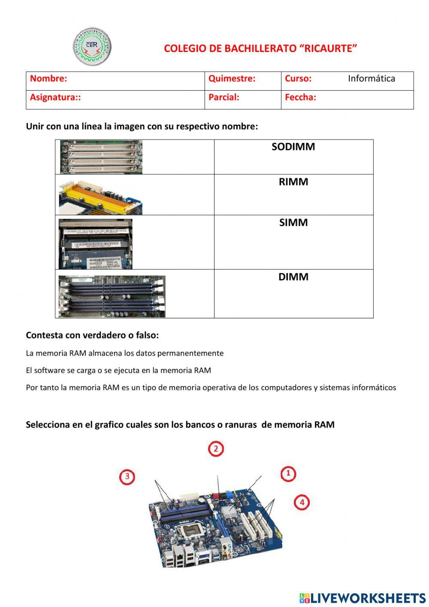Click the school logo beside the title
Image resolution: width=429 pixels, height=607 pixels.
[92, 46]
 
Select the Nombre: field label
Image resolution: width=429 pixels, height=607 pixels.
[48, 79]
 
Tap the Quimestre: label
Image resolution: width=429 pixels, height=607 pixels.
[232, 79]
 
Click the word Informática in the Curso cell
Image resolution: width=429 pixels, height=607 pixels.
[371, 79]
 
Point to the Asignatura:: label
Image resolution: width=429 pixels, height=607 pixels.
[55, 98]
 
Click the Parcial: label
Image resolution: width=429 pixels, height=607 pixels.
[224, 98]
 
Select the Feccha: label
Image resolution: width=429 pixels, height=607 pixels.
[300, 98]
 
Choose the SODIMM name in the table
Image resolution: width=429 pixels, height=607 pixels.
[293, 147]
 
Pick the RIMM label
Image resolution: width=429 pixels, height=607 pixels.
[293, 182]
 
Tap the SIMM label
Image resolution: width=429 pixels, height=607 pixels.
[293, 223]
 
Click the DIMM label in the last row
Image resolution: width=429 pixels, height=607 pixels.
[293, 277]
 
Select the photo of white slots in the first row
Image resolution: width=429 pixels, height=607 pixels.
[101, 157]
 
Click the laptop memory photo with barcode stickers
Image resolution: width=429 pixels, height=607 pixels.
[95, 244]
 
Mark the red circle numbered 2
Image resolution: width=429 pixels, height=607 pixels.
[216, 449]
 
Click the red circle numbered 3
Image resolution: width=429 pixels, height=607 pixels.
[127, 476]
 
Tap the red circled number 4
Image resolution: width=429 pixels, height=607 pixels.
[302, 502]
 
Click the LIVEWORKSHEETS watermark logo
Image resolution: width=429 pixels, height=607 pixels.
[363, 598]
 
